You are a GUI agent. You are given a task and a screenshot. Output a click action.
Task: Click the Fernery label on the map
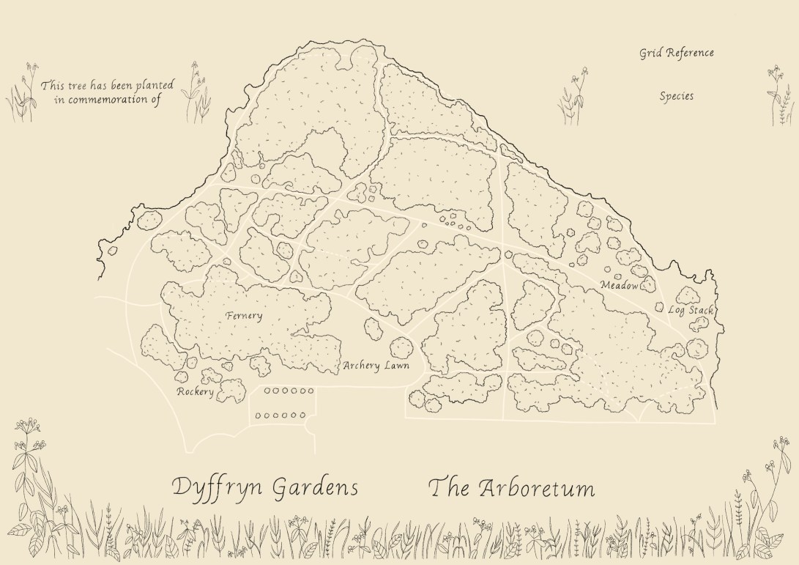click(244, 316)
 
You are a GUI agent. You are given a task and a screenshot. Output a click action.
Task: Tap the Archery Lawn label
click(376, 366)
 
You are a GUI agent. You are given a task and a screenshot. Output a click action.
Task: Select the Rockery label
click(195, 392)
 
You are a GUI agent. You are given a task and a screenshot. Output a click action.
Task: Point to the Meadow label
click(619, 285)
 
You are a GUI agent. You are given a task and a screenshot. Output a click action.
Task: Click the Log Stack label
click(690, 310)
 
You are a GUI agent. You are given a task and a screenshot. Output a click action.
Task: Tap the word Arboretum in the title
click(537, 488)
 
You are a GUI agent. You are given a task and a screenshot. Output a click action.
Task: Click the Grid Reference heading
click(676, 53)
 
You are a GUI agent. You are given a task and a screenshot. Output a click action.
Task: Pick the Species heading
click(676, 96)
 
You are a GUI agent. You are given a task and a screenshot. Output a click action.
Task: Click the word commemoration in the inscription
click(111, 100)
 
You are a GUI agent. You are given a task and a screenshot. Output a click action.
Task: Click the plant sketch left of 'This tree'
click(24, 93)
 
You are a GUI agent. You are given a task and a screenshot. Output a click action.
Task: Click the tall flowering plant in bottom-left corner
click(33, 484)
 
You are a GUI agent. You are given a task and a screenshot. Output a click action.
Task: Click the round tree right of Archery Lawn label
click(401, 347)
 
